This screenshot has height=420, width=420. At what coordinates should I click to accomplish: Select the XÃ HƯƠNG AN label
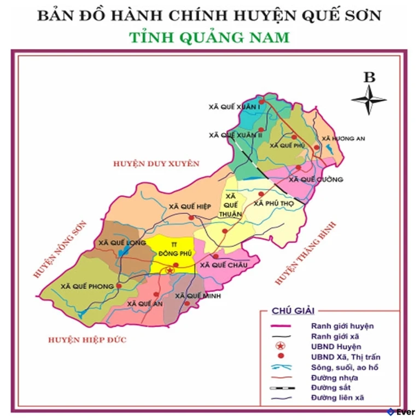[x=343, y=138]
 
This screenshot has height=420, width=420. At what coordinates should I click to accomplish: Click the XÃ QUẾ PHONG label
[x=87, y=286]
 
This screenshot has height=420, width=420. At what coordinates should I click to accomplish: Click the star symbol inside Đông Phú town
[x=170, y=270]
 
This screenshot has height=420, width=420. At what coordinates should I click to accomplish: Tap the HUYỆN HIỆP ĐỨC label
[x=87, y=340]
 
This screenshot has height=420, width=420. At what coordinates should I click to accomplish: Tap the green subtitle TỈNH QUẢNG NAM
[x=209, y=38]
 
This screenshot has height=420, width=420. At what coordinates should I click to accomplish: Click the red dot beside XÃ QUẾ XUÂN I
[x=261, y=101]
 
